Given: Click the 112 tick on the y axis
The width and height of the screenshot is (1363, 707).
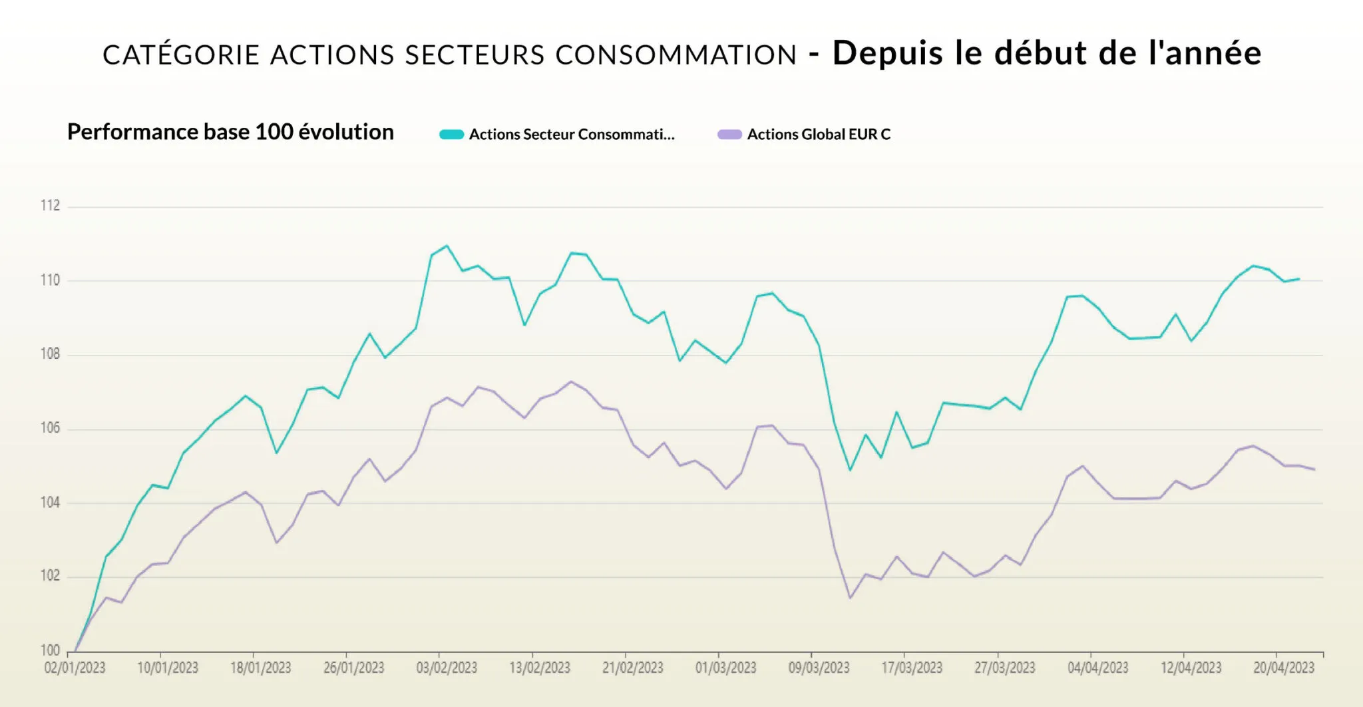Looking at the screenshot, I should click(50, 206).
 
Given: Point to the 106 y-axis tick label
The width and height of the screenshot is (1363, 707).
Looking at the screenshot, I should click(50, 428).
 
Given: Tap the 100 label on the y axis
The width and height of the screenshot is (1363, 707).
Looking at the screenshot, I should click(50, 650).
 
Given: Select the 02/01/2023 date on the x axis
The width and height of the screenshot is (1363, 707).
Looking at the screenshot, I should click(75, 668).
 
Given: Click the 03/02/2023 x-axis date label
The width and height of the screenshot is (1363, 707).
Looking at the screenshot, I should click(447, 668).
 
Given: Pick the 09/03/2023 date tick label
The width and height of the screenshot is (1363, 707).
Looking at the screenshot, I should click(819, 668).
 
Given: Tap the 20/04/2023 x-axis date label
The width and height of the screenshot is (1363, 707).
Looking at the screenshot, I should click(1284, 668).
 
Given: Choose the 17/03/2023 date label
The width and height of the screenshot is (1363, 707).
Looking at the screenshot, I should click(912, 668).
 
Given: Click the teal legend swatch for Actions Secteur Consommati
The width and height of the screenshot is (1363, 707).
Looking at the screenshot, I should click(451, 134).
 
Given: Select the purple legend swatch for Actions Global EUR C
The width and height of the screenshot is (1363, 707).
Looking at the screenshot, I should click(729, 134).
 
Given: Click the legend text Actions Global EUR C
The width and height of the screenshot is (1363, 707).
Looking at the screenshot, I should click(819, 134).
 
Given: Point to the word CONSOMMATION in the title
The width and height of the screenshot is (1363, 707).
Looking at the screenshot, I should click(676, 55).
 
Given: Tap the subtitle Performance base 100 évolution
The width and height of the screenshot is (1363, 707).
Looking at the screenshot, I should click(230, 132).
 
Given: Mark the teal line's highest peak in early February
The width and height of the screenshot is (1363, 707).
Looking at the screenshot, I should click(447, 246).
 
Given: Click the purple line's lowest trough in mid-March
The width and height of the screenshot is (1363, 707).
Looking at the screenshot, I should click(850, 598).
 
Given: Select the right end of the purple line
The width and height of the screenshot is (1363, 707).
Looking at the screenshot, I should click(1314, 469).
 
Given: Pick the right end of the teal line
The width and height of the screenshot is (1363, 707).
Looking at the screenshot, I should click(1298, 279).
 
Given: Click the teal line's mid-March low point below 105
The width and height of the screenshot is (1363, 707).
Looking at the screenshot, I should click(850, 470).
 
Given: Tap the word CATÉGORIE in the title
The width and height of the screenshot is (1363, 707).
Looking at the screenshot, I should click(180, 55).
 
